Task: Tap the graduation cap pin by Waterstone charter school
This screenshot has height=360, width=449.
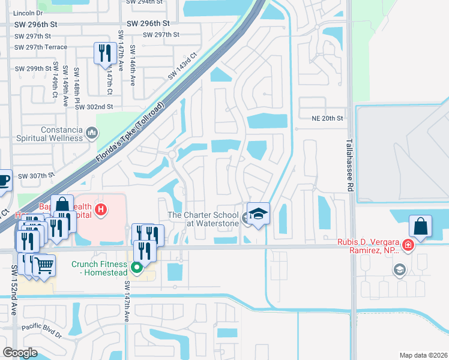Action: [258, 214]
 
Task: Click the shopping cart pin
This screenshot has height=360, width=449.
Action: [44, 265]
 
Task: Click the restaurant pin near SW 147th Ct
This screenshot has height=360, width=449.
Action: [105, 53]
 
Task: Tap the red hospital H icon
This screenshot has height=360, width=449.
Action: [101, 209]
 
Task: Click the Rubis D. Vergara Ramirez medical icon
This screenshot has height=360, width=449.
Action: [408, 245]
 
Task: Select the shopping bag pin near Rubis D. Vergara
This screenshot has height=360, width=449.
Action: [421, 227]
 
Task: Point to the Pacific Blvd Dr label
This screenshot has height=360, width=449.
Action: [41, 329]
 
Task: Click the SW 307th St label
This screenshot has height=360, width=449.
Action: [36, 176]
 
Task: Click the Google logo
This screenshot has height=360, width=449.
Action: [20, 352]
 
